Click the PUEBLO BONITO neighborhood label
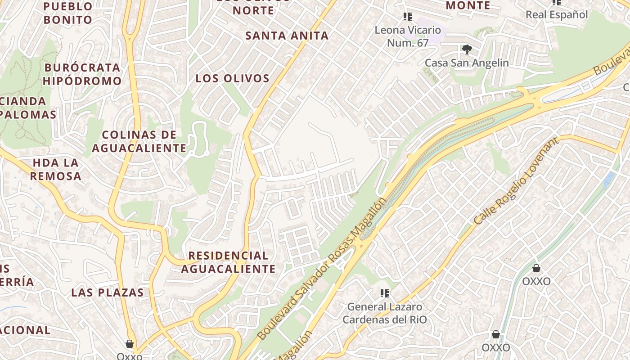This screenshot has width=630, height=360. (68, 13)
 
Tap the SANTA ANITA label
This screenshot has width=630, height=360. (287, 36)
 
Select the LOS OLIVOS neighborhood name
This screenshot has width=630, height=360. (232, 78)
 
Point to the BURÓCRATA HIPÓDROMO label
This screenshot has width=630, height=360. (82, 74)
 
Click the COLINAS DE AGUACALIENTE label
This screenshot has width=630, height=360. (139, 141)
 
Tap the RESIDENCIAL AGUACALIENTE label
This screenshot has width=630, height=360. (228, 262)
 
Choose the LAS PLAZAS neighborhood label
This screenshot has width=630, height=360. (108, 292)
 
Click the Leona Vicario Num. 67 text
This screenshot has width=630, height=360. (408, 36)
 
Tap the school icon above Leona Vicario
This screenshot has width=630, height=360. (408, 17)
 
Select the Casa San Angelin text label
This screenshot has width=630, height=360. (467, 63)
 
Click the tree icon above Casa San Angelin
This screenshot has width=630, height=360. (467, 49)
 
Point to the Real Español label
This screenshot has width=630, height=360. (557, 14)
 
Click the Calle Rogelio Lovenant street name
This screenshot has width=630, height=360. (517, 181)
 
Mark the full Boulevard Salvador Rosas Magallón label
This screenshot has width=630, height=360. (322, 268)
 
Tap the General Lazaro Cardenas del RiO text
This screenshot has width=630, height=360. (385, 313)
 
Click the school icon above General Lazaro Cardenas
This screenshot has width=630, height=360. (385, 293)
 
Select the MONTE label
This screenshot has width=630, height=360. (468, 5)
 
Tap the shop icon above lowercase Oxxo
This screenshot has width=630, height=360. (130, 344)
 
